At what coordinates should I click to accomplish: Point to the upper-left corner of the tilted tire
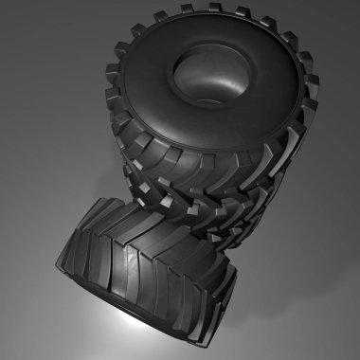[95, 204]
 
